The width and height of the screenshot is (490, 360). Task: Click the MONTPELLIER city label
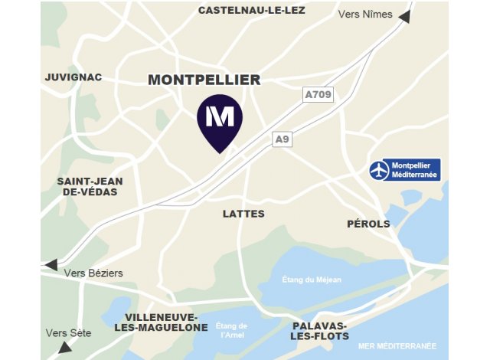pos(204,80)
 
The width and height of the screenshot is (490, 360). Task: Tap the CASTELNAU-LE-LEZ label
pos(251,10)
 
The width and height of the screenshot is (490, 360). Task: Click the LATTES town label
pos(243,214)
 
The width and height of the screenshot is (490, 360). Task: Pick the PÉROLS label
pos(368,224)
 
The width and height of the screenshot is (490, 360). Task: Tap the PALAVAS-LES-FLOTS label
pos(320,331)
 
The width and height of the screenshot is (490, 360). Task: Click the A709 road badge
pos(318,95)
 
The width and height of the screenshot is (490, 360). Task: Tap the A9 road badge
pos(283,139)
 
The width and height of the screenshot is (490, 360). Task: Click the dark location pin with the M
pos(220,121)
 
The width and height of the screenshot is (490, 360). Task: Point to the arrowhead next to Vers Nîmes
pos(403,15)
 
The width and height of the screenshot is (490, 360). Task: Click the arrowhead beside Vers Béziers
pos(51,264)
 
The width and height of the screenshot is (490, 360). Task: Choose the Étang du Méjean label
pos(312,280)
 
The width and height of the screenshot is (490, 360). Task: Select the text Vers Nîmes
pos(364,15)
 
